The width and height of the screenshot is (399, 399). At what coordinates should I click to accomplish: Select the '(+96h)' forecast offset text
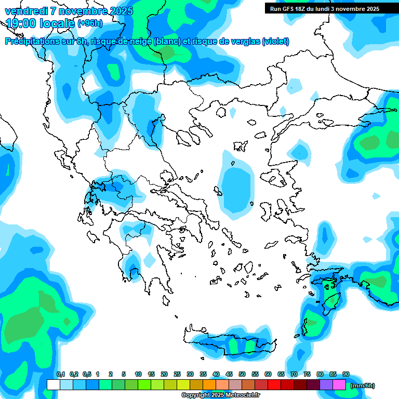[90, 23]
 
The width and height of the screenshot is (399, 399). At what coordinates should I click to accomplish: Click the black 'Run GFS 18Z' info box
[324, 9]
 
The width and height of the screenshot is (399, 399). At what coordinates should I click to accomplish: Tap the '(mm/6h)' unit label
[362, 385]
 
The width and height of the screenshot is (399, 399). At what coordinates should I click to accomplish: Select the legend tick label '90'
[346, 374]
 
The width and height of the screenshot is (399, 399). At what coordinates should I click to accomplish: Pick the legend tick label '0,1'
[60, 374]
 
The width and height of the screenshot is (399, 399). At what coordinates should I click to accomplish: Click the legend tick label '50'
[242, 374]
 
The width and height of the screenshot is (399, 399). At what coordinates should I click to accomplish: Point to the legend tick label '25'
[177, 374]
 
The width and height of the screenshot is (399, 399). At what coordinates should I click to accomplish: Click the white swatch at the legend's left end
[53, 385]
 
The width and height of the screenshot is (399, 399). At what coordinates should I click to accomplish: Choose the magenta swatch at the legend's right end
[339, 385]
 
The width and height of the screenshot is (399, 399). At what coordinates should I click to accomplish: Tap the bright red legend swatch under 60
[274, 385]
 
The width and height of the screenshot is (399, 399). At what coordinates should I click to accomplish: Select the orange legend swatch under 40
[209, 385]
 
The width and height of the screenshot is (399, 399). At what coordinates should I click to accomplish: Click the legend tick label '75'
[307, 374]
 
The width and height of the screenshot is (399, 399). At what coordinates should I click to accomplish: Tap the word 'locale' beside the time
[56, 23]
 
